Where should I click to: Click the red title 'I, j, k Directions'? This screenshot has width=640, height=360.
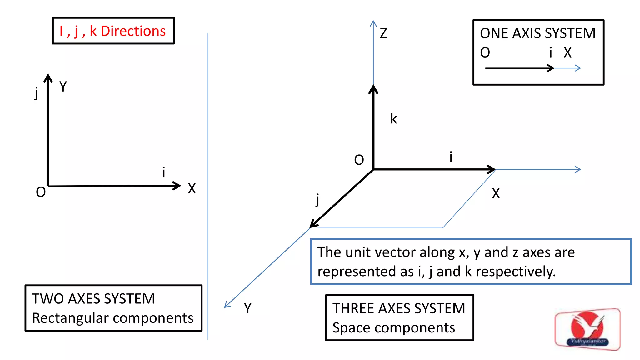pos(112,31)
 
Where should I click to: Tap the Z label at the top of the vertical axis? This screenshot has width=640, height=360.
pos(383,33)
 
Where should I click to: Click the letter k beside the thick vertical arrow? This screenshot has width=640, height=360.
pos(393,119)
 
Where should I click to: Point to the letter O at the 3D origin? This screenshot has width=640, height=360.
pos(359,160)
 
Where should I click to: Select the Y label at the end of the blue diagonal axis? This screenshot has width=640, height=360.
pos(247,308)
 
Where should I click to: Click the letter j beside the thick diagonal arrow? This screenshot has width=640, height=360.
pos(317,199)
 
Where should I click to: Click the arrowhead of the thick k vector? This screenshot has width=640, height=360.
pos(373,89)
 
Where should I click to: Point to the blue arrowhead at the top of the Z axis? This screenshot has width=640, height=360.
pos(373,23)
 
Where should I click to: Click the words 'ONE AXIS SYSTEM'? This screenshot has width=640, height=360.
pos(537,33)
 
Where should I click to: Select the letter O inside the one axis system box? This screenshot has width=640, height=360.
pos(485,52)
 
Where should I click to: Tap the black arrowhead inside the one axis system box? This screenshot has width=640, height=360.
pos(551,68)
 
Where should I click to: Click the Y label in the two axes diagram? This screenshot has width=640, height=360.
pos(63,87)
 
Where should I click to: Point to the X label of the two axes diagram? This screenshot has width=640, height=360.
pos(192,189)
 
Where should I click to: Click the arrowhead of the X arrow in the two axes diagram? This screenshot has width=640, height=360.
pos(177,186)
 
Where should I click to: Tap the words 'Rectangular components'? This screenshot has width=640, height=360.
pos(112,318)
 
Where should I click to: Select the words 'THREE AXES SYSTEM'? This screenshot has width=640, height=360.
pos(399,308)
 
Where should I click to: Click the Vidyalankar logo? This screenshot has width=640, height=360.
pos(587,329)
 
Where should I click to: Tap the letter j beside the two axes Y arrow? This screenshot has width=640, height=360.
pos(37,93)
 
